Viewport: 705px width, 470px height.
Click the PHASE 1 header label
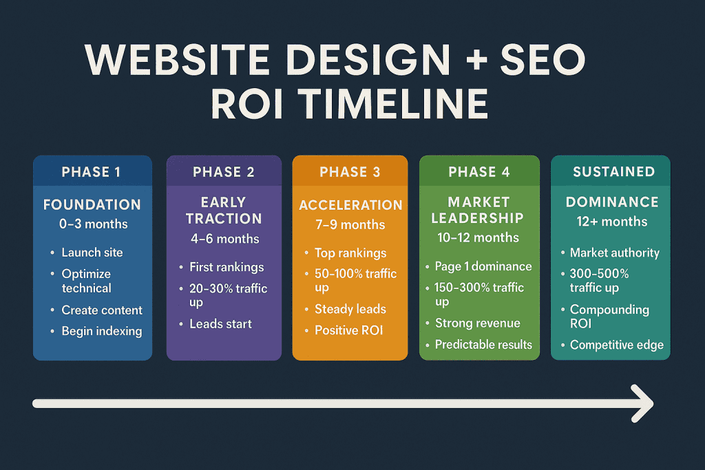91,172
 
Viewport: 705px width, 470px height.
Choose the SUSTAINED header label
609,172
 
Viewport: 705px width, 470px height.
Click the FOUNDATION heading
92,204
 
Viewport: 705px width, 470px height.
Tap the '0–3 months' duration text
92,224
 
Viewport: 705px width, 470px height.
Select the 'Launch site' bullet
92,253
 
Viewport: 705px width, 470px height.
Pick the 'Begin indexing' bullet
102,331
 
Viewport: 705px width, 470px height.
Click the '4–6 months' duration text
224,239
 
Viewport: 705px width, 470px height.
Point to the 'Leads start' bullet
220,323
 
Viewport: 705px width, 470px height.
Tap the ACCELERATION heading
350,205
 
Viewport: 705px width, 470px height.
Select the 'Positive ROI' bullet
348,330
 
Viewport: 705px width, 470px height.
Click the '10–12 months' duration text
478,237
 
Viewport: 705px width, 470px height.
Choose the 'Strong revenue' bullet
477,323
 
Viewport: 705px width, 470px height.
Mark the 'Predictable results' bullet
483,344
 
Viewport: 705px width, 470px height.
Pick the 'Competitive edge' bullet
617,345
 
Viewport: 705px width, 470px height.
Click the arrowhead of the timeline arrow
644,403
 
